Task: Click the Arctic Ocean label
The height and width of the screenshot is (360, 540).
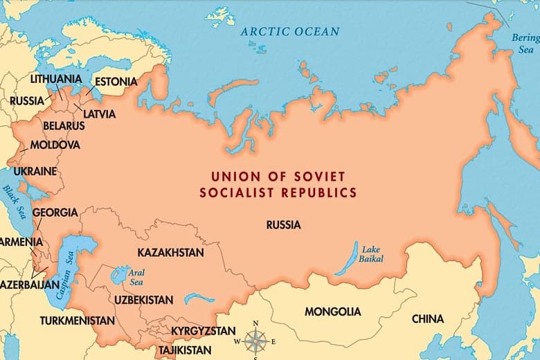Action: pyautogui.click(x=290, y=31)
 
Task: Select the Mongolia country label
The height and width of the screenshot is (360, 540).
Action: pyautogui.click(x=332, y=312)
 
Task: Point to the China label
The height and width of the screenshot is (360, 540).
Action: pyautogui.click(x=428, y=319)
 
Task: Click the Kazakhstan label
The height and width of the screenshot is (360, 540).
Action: pyautogui.click(x=170, y=253)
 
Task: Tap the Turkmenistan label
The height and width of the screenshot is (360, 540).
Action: pyautogui.click(x=77, y=321)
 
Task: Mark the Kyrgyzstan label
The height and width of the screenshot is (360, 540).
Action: pyautogui.click(x=203, y=331)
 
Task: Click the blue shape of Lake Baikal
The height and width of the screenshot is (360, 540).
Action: pyautogui.click(x=346, y=259)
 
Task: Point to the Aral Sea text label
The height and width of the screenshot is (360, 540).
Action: pyautogui.click(x=136, y=277)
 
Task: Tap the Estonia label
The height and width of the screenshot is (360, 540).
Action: pyautogui.click(x=116, y=82)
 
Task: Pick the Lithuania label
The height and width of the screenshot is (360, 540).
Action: pyautogui.click(x=55, y=79)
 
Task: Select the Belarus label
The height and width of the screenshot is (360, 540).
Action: pyautogui.click(x=64, y=126)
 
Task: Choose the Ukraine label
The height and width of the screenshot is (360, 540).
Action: pyautogui.click(x=35, y=171)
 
